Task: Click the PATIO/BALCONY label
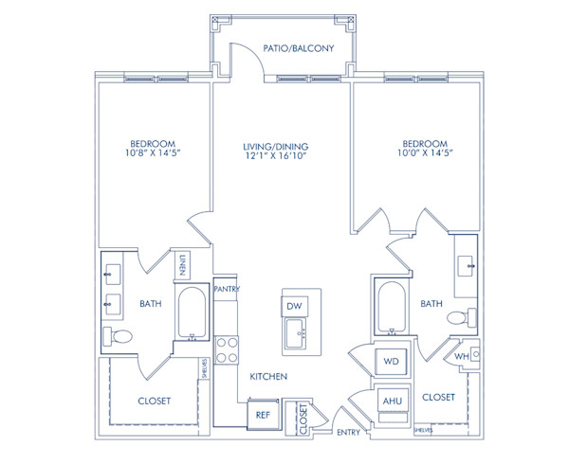coord(299,48)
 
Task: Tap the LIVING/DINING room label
coord(276,147)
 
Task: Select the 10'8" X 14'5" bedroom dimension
coord(153,152)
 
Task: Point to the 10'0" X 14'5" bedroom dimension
coord(425,152)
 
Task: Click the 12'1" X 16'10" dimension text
coord(276,155)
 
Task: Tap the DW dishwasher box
coord(294,306)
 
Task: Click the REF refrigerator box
coord(263,415)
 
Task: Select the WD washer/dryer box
coord(391,361)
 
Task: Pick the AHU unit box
coord(393,401)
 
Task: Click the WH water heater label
coord(462,356)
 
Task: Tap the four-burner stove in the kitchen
coord(227,350)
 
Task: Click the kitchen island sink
coord(295,333)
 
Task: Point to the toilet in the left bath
coord(118,336)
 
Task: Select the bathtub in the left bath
coord(192,312)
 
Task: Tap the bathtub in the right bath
coord(392,307)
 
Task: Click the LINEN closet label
coord(182,265)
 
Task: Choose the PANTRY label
coord(227,289)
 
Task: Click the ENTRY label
coord(348,432)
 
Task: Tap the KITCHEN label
coord(268,377)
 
